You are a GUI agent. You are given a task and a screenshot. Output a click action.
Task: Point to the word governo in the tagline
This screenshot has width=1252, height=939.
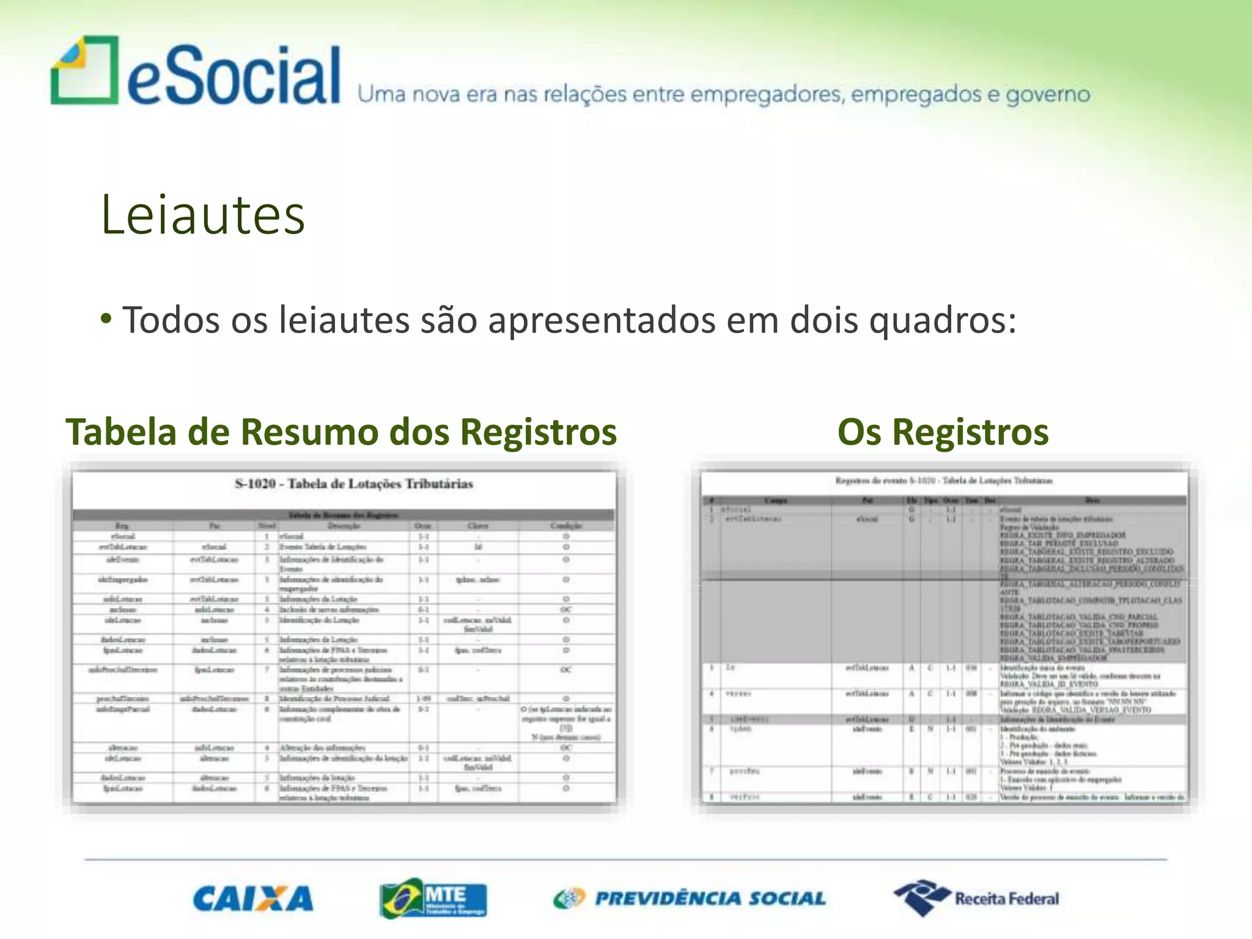[1048, 95]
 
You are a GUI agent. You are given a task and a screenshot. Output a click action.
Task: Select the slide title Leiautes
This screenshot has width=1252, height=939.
[202, 215]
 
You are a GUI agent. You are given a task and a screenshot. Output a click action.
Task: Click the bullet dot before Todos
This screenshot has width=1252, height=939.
[106, 319]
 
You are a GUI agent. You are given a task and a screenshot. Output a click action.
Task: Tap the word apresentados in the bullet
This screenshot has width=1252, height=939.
[602, 320]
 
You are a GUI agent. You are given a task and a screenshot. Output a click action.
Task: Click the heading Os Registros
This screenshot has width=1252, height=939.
[943, 432]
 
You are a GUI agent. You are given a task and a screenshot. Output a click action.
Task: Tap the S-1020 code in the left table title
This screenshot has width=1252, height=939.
[255, 484]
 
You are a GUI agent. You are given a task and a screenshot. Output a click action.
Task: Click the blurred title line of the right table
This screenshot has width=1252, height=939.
[944, 481]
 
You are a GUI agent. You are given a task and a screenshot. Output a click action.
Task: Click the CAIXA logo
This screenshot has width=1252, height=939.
[253, 899]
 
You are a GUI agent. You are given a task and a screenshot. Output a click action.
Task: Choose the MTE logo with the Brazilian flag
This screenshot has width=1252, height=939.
[433, 898]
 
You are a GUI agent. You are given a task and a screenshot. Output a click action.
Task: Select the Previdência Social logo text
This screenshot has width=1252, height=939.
[710, 898]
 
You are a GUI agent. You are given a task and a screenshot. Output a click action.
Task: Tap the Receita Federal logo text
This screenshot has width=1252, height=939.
[1007, 899]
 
